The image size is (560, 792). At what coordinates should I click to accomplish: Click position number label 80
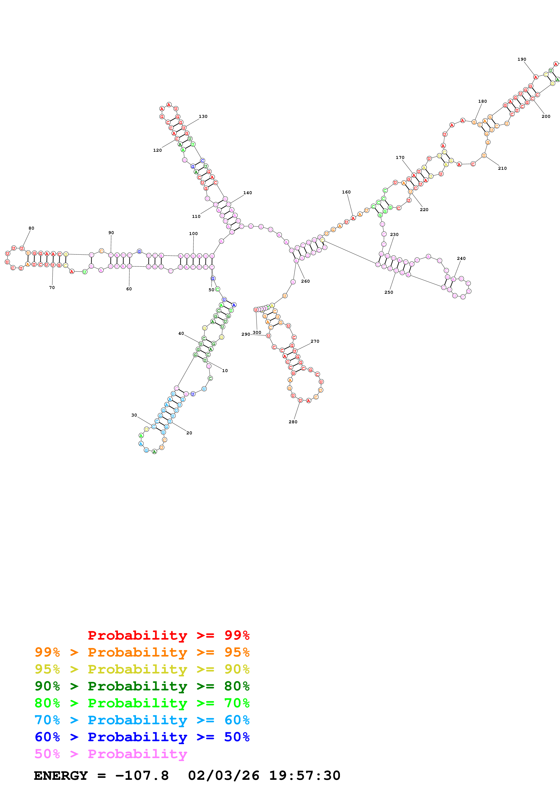pos(31,228)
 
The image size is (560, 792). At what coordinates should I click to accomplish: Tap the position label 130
pos(203,116)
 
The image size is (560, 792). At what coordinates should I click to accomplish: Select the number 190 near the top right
pos(521,59)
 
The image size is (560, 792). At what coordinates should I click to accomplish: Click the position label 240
pos(461,258)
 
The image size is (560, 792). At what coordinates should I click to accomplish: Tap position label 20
pos(189,433)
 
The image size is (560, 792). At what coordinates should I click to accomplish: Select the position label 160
pos(346,192)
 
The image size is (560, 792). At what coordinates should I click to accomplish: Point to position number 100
pos(193,233)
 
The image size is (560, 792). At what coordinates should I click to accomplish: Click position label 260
pos(305,281)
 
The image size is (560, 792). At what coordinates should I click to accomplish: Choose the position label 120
pos(157,150)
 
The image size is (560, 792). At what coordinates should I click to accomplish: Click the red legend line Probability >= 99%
pos(168,635)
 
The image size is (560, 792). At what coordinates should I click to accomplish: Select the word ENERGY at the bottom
pos(61,776)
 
